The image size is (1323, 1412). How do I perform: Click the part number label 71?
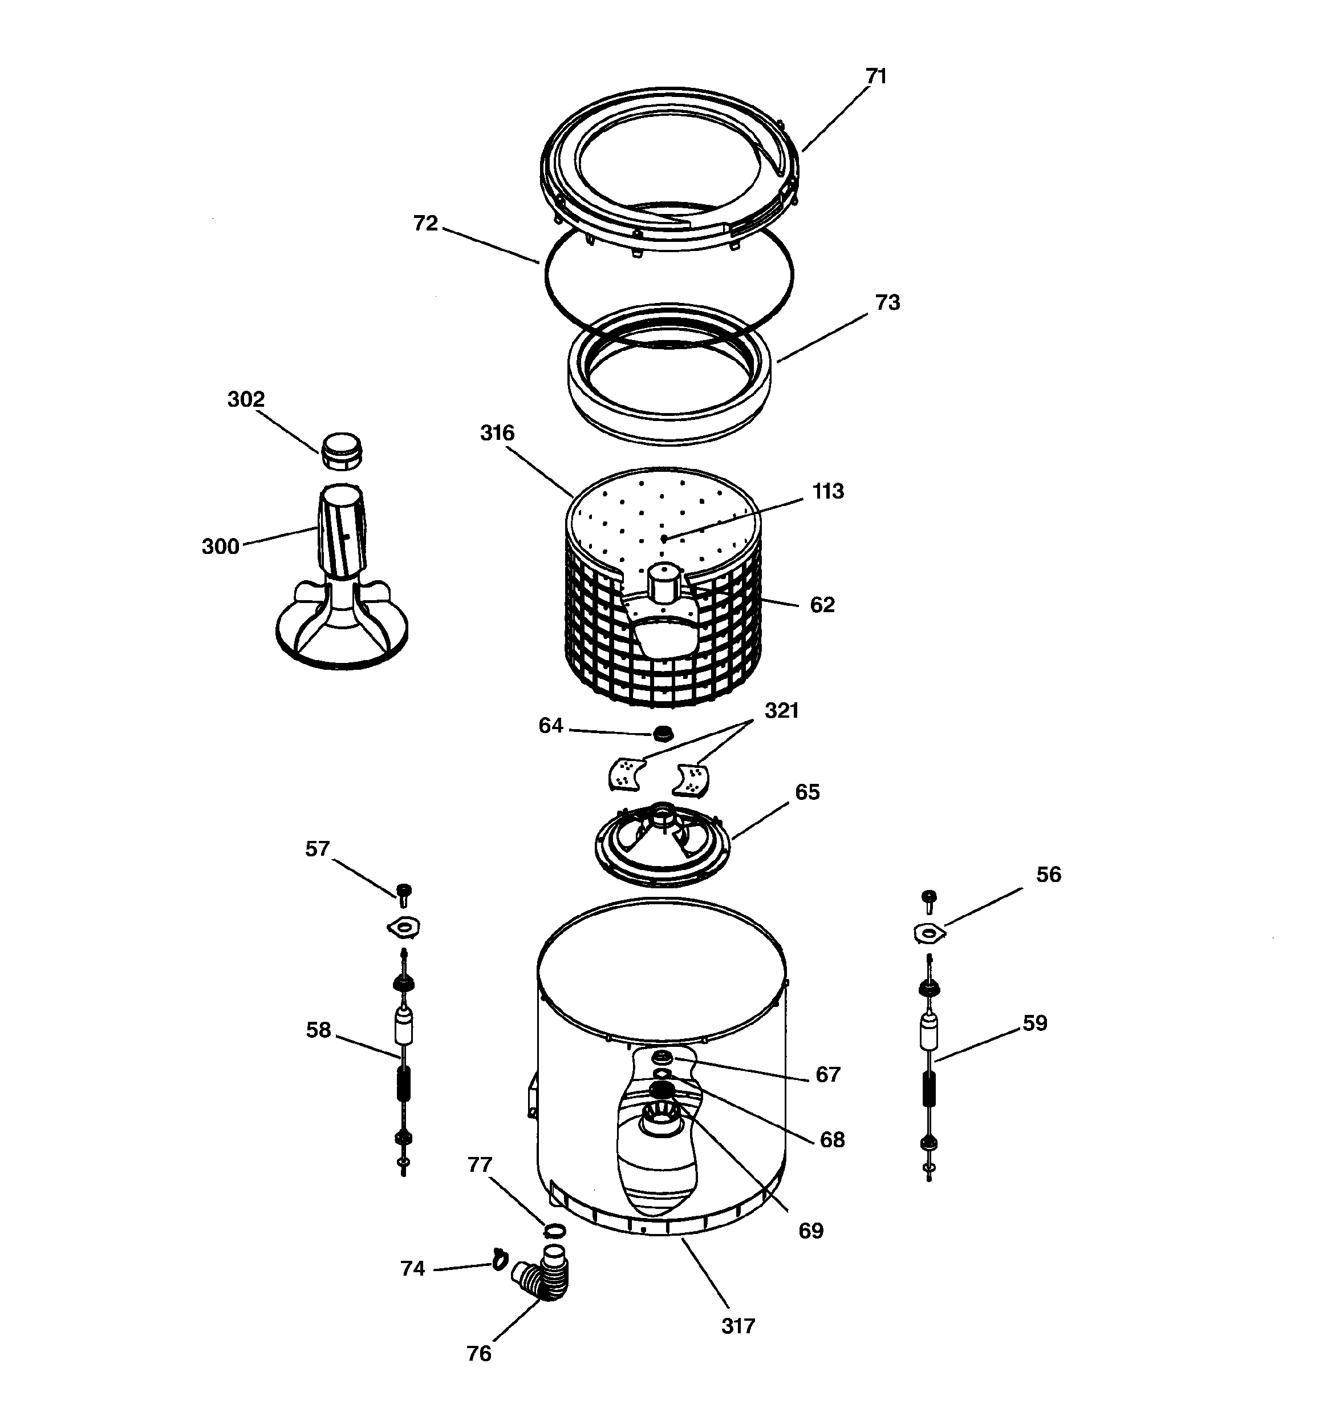876,76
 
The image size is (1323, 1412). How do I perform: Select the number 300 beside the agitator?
220,547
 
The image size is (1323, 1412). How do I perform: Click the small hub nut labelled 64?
663,733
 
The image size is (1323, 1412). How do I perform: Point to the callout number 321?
782,710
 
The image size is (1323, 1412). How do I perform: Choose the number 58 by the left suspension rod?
318,1030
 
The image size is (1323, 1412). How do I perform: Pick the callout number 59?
1034,1023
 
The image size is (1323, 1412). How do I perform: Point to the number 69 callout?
811,1231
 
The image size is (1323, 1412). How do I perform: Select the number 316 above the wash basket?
497,433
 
